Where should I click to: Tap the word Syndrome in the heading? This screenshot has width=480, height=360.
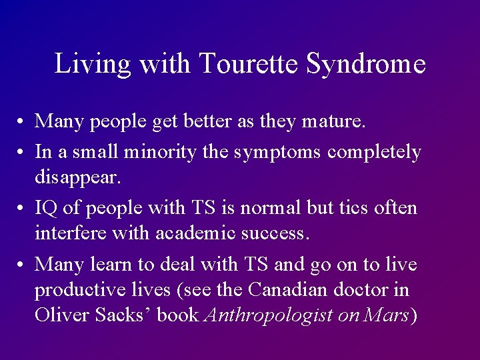point(366,64)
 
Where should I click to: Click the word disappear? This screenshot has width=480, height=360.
point(76,178)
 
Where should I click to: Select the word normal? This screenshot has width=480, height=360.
point(265,208)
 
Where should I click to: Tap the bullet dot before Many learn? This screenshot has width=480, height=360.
point(22,265)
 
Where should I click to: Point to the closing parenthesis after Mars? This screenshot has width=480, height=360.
point(413,315)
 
